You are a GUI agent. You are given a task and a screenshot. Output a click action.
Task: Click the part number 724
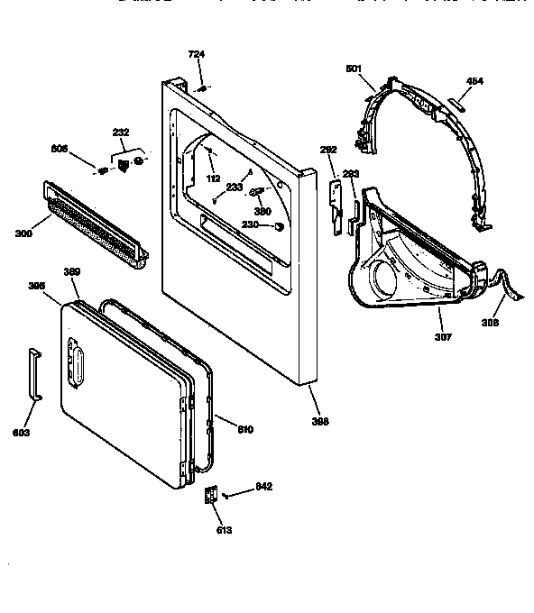(x=196, y=55)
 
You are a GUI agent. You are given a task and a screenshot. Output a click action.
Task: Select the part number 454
(x=474, y=81)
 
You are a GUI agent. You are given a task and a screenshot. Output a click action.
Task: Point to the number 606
(x=83, y=147)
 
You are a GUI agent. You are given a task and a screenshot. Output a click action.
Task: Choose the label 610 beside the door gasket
(x=245, y=429)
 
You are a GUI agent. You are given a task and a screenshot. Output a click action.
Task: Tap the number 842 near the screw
(x=263, y=488)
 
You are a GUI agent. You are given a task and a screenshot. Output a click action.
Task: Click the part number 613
(x=223, y=530)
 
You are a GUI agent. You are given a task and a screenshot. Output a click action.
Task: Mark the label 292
(x=328, y=151)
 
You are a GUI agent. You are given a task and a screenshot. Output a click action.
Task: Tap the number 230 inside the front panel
(x=250, y=225)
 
